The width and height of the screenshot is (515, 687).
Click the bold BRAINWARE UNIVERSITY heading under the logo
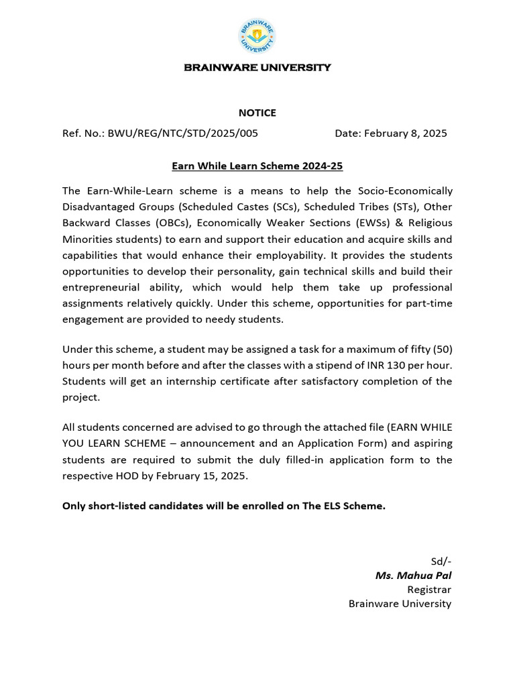point(257,68)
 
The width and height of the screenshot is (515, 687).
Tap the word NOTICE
point(257,113)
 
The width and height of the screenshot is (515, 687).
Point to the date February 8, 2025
point(406,133)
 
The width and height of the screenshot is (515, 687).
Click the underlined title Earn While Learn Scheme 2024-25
point(257,165)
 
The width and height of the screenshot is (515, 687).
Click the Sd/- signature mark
point(441,561)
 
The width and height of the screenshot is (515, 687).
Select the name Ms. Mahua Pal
point(413,575)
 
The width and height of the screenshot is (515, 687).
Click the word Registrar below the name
point(429,589)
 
